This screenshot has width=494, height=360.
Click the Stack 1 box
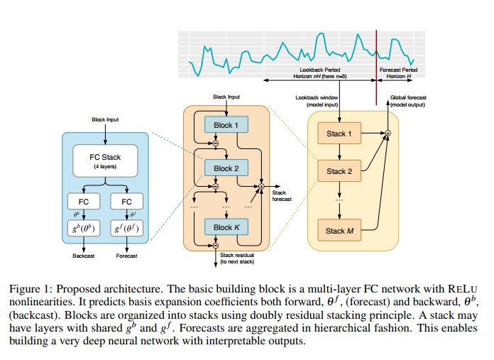(x=339, y=133)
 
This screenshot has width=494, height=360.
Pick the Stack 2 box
(x=339, y=171)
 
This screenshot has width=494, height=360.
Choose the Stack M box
(x=339, y=231)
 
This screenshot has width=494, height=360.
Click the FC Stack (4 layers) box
(x=105, y=161)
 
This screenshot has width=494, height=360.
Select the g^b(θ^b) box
(x=84, y=229)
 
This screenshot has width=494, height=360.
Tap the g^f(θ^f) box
(x=126, y=229)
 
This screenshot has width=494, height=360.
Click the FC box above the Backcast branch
(x=84, y=202)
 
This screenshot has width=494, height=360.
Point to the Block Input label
(x=105, y=120)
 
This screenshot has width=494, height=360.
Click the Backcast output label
(x=83, y=256)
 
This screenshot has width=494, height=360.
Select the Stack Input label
(x=226, y=97)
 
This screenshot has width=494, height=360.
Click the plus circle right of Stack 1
(x=388, y=133)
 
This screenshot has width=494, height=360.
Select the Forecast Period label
(x=398, y=70)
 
